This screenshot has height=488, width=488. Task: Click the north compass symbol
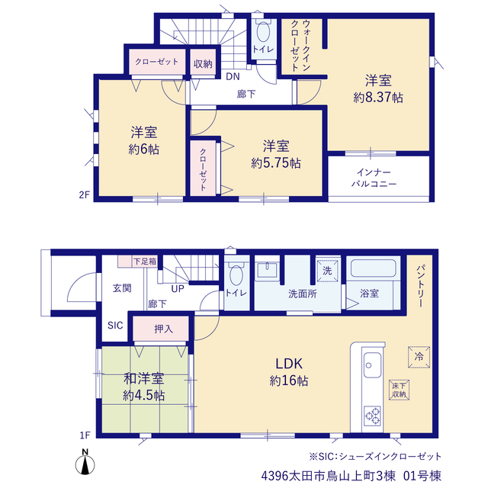point(85,463)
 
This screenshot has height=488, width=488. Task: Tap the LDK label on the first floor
point(289,364)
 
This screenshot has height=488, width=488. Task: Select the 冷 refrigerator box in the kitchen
point(419,357)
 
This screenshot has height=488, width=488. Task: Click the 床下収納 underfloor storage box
point(399,390)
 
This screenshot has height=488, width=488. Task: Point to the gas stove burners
point(372,416)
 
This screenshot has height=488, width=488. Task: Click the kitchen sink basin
point(372,364)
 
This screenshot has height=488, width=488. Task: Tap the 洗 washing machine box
point(327,271)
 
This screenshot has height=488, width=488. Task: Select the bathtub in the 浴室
point(373,268)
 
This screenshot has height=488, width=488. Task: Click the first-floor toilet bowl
point(236,275)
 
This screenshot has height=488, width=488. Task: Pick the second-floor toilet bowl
point(263,32)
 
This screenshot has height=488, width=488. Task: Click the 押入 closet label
point(163,329)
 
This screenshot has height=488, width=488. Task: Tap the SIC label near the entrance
point(115,326)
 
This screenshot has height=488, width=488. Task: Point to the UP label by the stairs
point(178,289)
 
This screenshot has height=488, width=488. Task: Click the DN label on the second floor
point(233,76)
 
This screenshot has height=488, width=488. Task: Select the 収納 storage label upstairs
point(203,64)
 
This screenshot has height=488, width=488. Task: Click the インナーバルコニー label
point(374,178)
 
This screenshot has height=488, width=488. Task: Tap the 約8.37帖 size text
point(378,98)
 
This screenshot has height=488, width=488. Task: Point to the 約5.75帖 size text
point(276,163)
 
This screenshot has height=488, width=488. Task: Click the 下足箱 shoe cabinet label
point(145,261)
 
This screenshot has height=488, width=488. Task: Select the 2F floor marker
point(84,195)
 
